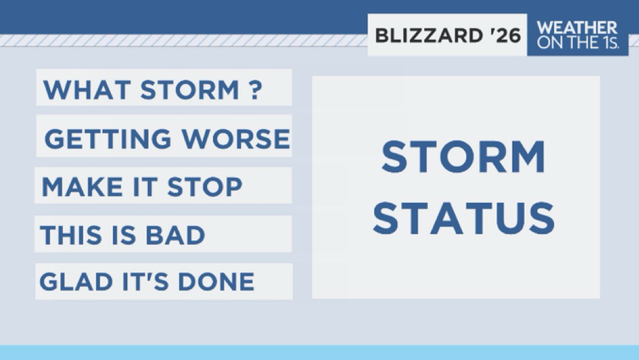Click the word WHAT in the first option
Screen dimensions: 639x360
(87, 90)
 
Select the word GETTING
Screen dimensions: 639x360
(108, 138)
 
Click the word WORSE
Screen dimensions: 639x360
(236, 138)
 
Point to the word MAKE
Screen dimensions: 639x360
(82, 187)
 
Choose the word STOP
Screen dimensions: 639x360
(205, 187)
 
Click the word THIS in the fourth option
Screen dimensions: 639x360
(71, 235)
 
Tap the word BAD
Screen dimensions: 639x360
(175, 235)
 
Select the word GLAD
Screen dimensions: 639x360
(76, 282)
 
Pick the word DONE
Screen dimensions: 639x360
(216, 282)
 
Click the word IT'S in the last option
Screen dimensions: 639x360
(145, 282)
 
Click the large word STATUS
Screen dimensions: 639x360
(464, 218)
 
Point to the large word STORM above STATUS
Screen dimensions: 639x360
(464, 157)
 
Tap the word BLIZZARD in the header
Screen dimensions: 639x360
(429, 36)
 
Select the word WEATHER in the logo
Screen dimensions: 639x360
(577, 28)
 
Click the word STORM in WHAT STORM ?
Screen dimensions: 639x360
(190, 90)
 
